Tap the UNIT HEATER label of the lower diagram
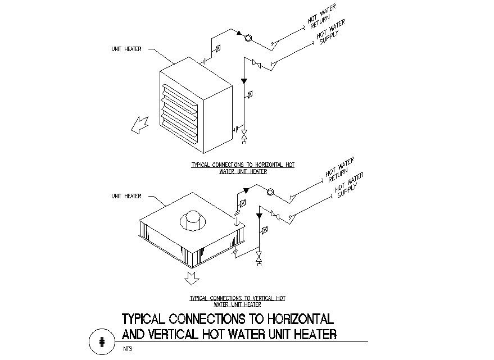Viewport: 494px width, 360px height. [126, 196]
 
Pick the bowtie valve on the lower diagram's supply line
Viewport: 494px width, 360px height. [275, 215]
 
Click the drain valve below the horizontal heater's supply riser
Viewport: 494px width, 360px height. [244, 136]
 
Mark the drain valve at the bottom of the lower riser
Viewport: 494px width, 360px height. [259, 258]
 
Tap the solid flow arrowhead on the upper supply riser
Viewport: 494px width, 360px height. [244, 81]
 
